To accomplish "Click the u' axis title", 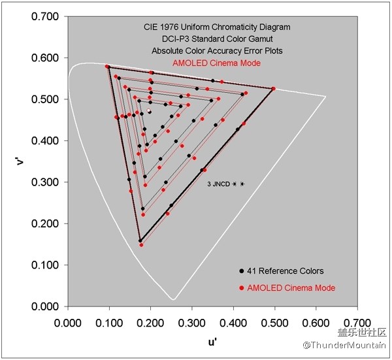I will pos(212,341).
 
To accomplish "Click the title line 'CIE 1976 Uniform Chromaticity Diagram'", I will pos(217,27).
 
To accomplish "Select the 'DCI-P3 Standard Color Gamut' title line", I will pos(217,39).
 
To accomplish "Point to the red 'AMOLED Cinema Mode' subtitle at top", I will pos(217,63).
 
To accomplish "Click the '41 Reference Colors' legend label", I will pos(286,271).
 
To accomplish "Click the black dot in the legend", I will pos(242,271).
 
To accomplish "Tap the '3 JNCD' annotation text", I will pos(218,185).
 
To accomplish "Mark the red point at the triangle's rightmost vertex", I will pos(274,88).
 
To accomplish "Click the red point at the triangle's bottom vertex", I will pos(141,245).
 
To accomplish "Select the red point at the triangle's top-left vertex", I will pos(106,67).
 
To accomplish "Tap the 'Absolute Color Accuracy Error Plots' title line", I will pos(217,51).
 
